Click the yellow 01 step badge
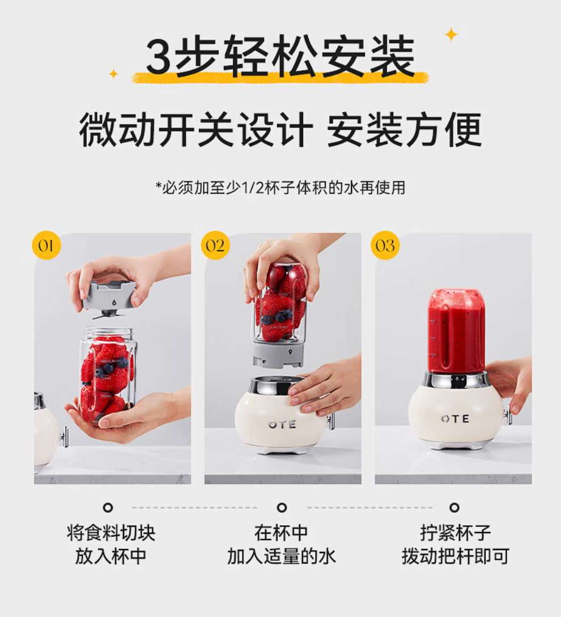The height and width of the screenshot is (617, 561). [x=46, y=245]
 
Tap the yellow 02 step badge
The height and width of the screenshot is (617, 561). [x=215, y=245]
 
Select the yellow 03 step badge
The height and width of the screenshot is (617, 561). [x=385, y=245]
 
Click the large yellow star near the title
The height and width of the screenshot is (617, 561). [x=451, y=35]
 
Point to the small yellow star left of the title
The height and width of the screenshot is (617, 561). [x=113, y=74]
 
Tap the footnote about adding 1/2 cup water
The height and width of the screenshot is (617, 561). [x=280, y=188]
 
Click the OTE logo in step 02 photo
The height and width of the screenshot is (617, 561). [x=282, y=424]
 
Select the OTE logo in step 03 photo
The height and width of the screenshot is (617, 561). [x=455, y=419]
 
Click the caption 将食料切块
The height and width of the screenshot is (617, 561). [x=111, y=533]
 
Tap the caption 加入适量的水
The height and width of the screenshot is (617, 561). [x=282, y=556]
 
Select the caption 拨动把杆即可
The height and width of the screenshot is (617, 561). [x=455, y=556]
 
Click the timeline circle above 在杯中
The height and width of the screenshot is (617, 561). [x=282, y=508]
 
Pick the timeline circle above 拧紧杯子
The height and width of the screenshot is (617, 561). [x=454, y=508]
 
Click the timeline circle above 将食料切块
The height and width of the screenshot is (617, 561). [x=108, y=508]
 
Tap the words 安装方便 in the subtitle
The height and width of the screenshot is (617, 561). [x=404, y=129]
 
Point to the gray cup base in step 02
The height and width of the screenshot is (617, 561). [x=278, y=354]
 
